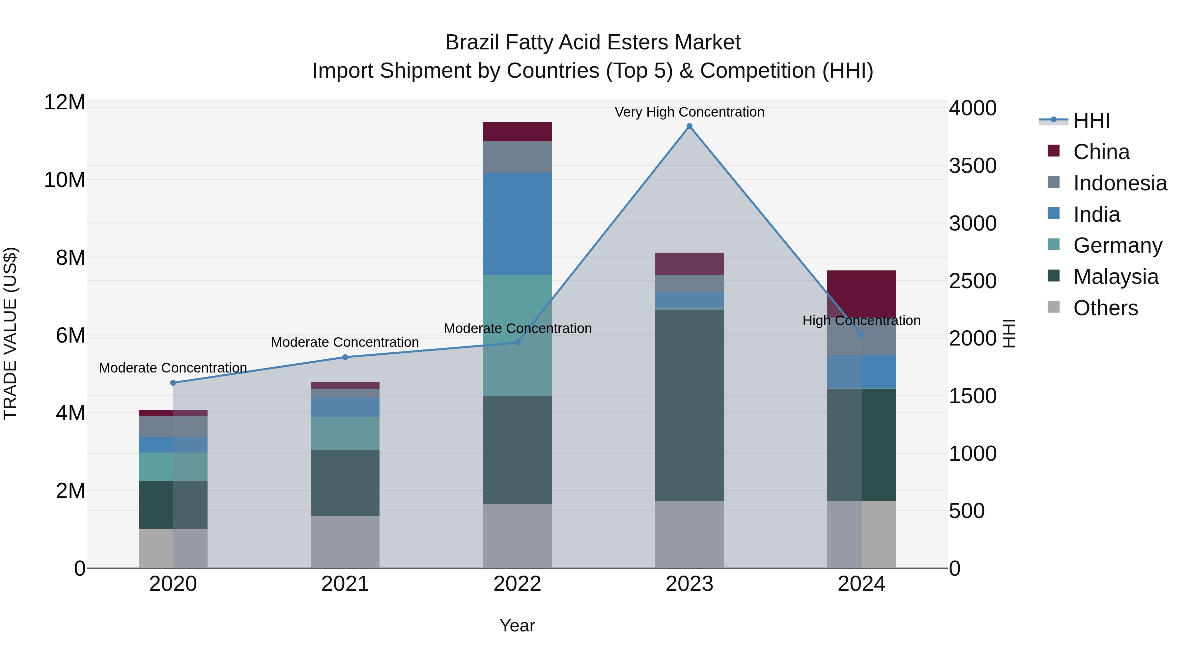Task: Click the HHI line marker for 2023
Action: (x=689, y=126)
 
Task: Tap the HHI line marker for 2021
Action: (x=345, y=357)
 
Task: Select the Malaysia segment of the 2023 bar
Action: (x=689, y=405)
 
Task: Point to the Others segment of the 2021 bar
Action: (x=345, y=542)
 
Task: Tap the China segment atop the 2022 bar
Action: (x=517, y=132)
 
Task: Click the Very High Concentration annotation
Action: (x=689, y=112)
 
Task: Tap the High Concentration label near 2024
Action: (x=861, y=320)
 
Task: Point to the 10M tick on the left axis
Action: (x=65, y=180)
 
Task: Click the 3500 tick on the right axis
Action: (x=973, y=166)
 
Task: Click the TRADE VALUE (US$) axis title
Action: (x=11, y=333)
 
